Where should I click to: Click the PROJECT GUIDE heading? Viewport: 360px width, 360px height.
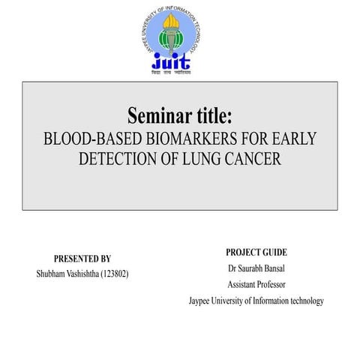coord(256,253)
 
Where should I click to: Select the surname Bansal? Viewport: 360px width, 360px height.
coord(284,268)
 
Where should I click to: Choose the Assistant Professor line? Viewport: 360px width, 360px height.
coord(256,285)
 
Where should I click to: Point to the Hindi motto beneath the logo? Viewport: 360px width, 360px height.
coord(172,73)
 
